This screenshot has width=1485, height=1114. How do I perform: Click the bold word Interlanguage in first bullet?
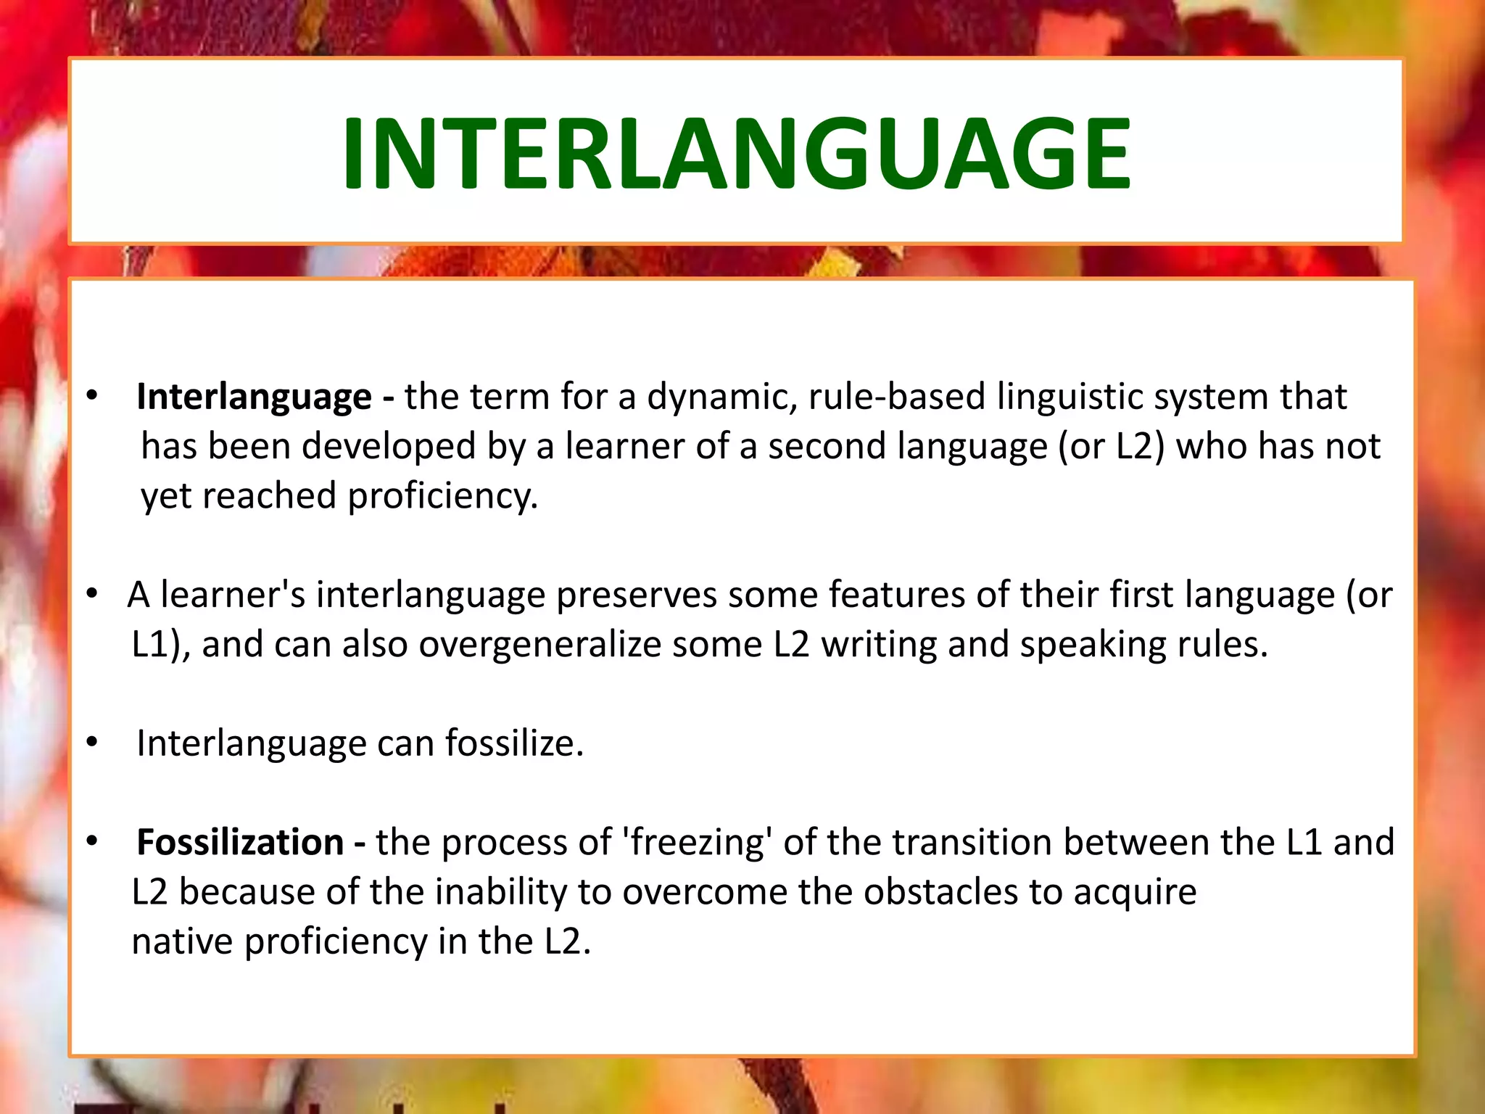(254, 397)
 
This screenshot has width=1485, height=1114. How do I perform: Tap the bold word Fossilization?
(240, 843)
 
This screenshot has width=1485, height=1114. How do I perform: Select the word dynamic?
(721, 397)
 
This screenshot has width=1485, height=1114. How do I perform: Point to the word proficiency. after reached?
(443, 497)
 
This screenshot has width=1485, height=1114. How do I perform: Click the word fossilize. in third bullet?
(514, 744)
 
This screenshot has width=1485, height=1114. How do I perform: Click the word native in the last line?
(182, 942)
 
